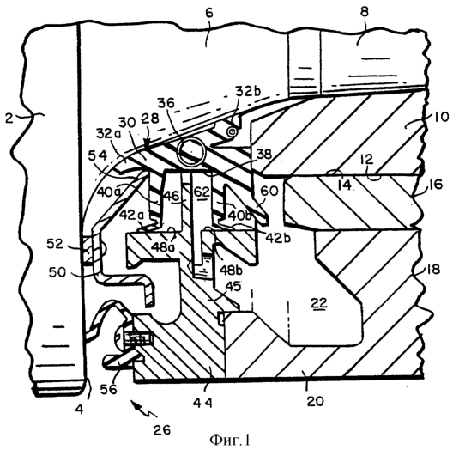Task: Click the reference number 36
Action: point(166,103)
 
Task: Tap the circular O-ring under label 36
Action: point(191,152)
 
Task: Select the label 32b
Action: point(247,91)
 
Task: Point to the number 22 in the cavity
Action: point(319,303)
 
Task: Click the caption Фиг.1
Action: point(230,440)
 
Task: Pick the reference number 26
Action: point(162,430)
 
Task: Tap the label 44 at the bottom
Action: point(202,404)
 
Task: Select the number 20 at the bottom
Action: point(316,401)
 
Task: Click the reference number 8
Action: point(365,13)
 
